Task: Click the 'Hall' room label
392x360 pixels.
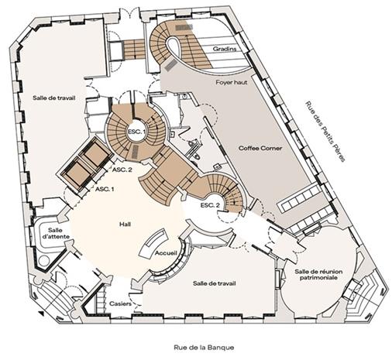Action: tap(125, 224)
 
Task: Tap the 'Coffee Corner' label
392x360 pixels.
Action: tap(260, 148)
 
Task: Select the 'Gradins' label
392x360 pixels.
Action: tap(225, 49)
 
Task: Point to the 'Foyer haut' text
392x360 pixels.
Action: tap(232, 83)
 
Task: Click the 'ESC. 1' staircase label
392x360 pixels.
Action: tap(136, 132)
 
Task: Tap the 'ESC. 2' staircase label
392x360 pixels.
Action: tap(210, 205)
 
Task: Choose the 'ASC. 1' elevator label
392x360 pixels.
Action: tap(105, 189)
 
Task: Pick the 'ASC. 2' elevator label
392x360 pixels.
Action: tap(122, 170)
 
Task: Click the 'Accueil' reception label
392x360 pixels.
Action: tap(166, 253)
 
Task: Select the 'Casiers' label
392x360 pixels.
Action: tap(120, 303)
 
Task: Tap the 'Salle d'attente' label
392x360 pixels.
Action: tap(59, 233)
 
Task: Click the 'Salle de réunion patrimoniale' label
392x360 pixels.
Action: tap(318, 275)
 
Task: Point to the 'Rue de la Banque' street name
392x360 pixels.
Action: tap(204, 348)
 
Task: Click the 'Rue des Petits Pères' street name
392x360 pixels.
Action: tap(325, 132)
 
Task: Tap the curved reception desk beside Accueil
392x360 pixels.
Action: tap(154, 244)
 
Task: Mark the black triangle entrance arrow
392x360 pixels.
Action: tap(40, 314)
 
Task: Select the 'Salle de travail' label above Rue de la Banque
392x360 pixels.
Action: tap(215, 283)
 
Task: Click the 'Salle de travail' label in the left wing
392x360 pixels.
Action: tap(54, 98)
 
